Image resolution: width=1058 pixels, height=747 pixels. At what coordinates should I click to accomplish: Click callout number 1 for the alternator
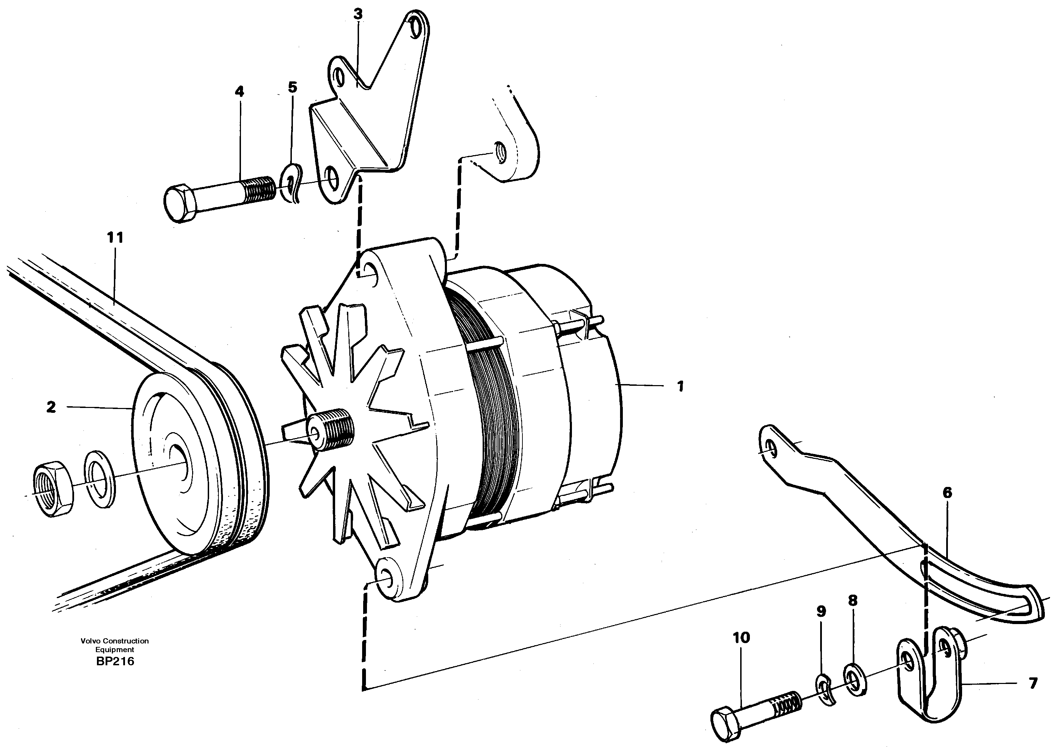pyautogui.click(x=680, y=386)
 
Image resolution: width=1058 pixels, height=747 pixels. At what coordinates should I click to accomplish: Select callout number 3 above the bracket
pyautogui.click(x=358, y=14)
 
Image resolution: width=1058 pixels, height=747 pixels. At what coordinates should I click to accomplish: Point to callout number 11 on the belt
pyautogui.click(x=115, y=238)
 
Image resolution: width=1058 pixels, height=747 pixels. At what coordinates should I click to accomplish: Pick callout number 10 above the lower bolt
pyautogui.click(x=742, y=638)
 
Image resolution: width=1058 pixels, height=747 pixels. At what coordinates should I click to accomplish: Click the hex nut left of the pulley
pyautogui.click(x=53, y=490)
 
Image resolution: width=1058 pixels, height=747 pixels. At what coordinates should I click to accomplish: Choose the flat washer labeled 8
pyautogui.click(x=855, y=680)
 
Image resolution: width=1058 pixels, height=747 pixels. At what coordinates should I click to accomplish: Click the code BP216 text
pyautogui.click(x=115, y=661)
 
